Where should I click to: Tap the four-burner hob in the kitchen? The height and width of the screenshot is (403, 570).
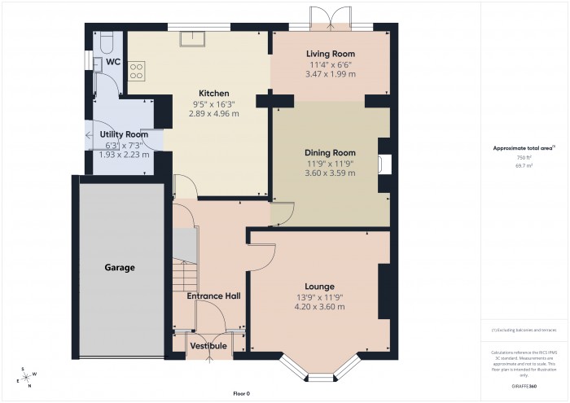click(136, 71)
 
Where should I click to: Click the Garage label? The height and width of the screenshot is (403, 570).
click(119, 267)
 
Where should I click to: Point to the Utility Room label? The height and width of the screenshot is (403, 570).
click(124, 134)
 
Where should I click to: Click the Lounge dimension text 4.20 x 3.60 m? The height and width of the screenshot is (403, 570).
click(319, 307)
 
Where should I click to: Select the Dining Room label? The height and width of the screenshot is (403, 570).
click(330, 152)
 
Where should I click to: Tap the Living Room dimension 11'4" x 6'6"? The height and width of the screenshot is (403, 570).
click(331, 64)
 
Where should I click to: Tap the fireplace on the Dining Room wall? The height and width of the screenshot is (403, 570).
click(385, 163)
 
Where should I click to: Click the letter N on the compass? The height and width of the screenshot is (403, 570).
click(28, 386)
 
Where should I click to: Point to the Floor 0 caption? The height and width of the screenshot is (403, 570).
click(241, 393)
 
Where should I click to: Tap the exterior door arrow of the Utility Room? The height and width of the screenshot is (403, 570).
click(86, 135)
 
